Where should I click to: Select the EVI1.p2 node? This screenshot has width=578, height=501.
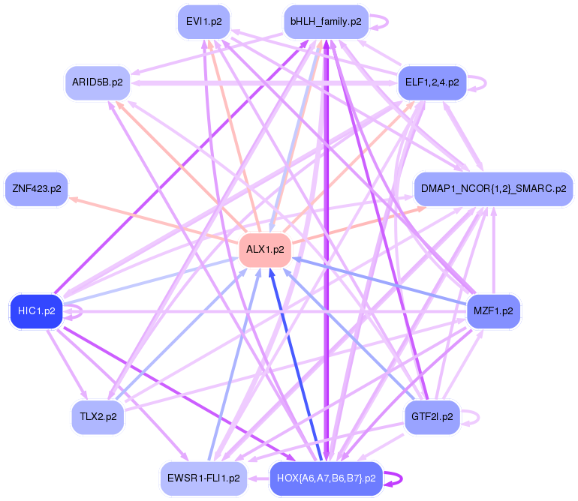(203, 21)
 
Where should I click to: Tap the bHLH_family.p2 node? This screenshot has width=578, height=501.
(326, 21)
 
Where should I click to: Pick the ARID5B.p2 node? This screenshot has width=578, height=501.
(98, 82)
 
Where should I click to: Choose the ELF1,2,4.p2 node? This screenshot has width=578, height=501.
(432, 82)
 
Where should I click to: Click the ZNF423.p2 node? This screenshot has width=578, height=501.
(35, 189)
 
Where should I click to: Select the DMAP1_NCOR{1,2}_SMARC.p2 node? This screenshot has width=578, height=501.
(493, 189)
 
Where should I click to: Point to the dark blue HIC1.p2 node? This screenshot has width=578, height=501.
(35, 311)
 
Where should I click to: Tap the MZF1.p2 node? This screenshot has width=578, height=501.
(493, 311)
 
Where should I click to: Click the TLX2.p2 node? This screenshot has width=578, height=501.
(98, 416)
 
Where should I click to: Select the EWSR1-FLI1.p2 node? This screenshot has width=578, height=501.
(204, 477)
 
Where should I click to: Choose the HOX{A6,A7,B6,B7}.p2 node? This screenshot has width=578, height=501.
(326, 478)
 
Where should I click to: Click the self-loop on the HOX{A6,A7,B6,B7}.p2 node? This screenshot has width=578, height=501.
(396, 478)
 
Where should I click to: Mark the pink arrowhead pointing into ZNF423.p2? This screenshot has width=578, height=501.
(73, 199)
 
